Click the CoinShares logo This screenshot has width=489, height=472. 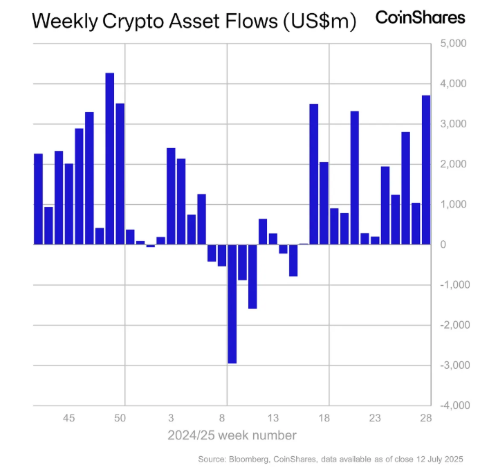pos(420,17)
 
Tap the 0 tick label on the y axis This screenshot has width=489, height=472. pos(443,245)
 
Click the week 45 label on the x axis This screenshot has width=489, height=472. pos(68,418)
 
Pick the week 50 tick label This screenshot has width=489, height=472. pos(120,418)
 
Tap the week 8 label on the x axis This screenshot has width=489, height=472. pos(222,418)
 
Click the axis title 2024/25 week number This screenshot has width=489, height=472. pos(232,435)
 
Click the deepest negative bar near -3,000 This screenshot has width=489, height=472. pos(232,304)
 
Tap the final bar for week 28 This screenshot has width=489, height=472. pos(426,170)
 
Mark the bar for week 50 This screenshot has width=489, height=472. pos(120,174)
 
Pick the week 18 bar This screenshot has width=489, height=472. pos(324,203)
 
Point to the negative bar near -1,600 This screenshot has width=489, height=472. pos(252,276)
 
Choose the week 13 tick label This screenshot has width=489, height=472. pos(273,418)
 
